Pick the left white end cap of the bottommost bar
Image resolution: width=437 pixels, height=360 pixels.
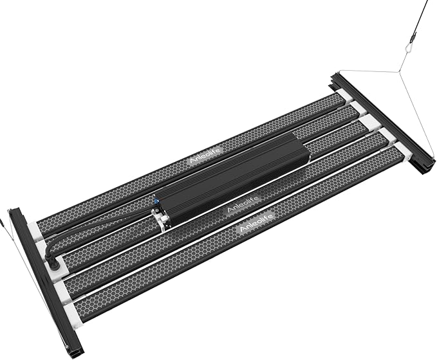(70, 313)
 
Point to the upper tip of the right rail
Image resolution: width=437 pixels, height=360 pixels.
(335, 77)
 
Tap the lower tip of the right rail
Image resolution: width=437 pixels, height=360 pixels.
(426, 169)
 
